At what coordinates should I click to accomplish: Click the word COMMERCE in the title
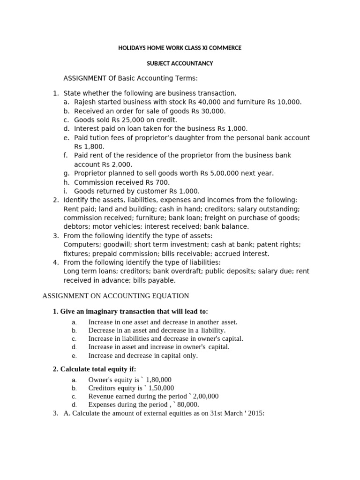pos(224,48)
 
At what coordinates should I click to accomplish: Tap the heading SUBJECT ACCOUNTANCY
pos(180,63)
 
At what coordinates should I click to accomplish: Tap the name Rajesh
pos(86,102)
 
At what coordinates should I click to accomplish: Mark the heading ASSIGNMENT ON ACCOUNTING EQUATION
pos(116,296)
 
